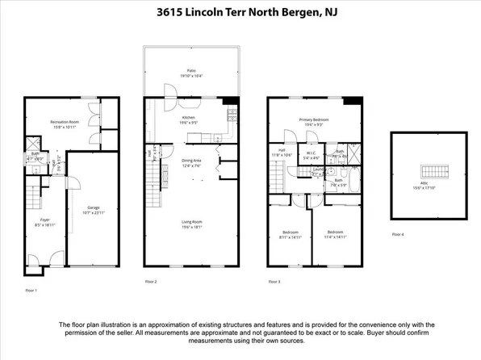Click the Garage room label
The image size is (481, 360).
[94, 207]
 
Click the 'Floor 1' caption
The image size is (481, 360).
[31, 290]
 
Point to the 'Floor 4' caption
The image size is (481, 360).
[397, 234]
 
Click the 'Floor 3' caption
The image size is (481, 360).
[274, 282]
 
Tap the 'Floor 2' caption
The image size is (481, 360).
[151, 282]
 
